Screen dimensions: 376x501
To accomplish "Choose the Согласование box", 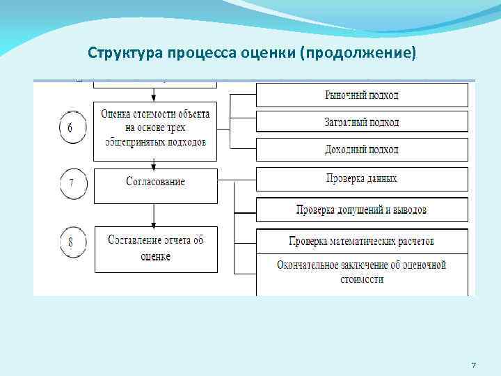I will [x=155, y=181].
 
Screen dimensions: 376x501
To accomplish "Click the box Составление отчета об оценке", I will [x=155, y=249].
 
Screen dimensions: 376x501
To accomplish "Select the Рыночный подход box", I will [x=362, y=95].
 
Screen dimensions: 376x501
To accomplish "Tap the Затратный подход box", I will [x=362, y=122].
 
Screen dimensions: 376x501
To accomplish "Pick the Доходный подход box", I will [x=362, y=149].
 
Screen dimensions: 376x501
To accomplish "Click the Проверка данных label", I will [x=362, y=178].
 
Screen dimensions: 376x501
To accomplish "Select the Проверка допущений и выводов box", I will [x=362, y=210].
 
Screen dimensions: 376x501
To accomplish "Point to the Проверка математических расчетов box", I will [x=362, y=241].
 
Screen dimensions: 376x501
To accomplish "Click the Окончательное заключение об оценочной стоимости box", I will [x=362, y=272].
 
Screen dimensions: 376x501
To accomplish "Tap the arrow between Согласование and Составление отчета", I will [x=154, y=213].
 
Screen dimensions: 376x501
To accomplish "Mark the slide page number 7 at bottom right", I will [x=473, y=366].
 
